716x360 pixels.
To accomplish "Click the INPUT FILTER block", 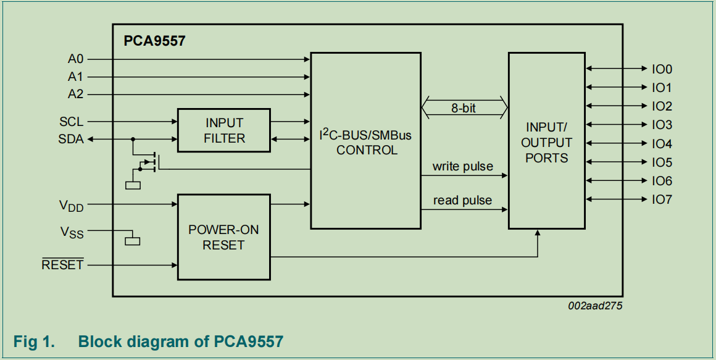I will pyautogui.click(x=224, y=130).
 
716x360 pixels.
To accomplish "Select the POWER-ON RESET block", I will pyautogui.click(x=224, y=237).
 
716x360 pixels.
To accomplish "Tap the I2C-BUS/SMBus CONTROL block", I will pyautogui.click(x=366, y=141).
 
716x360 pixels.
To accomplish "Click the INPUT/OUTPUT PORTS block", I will pyautogui.click(x=546, y=141).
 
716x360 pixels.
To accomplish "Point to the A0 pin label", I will pyautogui.click(x=75, y=59).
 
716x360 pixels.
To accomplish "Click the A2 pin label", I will pyautogui.click(x=75, y=94).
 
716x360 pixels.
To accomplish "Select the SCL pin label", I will pyautogui.click(x=71, y=122).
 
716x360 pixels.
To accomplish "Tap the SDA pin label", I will pyautogui.click(x=71, y=140).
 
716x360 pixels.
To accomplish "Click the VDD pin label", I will pyautogui.click(x=71, y=205).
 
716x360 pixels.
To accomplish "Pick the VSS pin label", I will pyautogui.click(x=72, y=232).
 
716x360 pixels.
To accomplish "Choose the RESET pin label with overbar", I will pyautogui.click(x=62, y=265).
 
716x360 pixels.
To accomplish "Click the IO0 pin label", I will pyautogui.click(x=662, y=69).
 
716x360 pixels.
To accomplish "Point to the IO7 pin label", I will pyautogui.click(x=662, y=199).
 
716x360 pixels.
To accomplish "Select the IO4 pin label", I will pyautogui.click(x=662, y=144).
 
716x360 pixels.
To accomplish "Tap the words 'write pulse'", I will pyautogui.click(x=463, y=166).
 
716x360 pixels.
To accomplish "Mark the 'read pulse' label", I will pyautogui.click(x=463, y=200).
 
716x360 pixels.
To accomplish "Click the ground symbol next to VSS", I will pyautogui.click(x=133, y=240).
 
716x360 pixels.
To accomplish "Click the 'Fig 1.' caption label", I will pyautogui.click(x=35, y=341).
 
